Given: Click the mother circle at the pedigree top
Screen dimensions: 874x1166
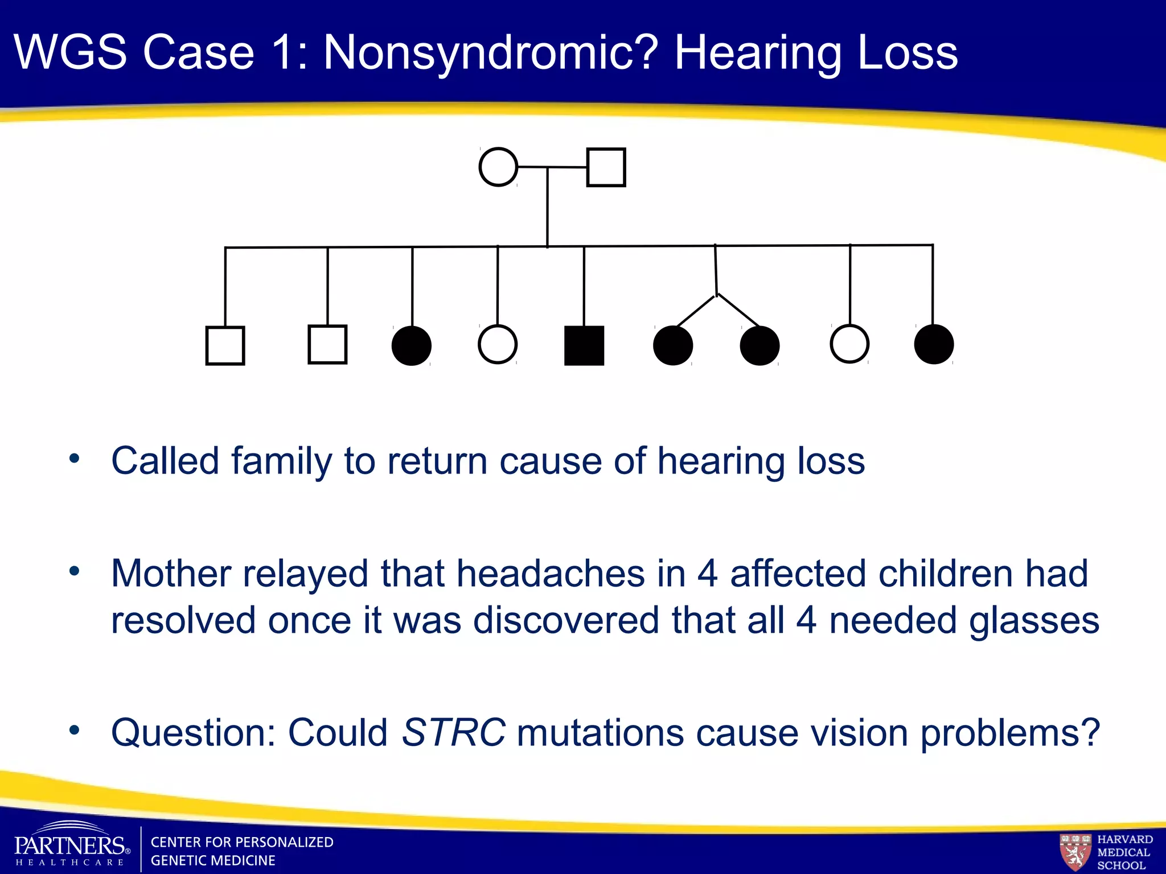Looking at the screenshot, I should point(498,167).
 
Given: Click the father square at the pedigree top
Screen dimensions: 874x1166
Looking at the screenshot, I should point(606,167).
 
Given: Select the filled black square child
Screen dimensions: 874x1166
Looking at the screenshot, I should point(584,345).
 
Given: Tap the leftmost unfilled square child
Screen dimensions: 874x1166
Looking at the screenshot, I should point(225,345).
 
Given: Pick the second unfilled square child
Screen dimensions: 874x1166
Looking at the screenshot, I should point(327,344).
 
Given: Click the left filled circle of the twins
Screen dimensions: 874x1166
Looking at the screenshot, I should point(673,345).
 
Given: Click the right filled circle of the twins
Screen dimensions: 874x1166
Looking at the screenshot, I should point(759,345).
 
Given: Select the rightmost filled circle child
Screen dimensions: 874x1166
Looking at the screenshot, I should point(934,344).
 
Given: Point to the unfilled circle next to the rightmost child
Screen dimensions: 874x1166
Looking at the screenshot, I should point(849,344).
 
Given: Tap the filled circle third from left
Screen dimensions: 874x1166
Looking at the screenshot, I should point(412,345).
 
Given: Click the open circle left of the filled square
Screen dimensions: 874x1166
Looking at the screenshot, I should point(498,344).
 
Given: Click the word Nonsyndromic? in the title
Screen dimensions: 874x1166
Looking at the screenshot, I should point(491,53).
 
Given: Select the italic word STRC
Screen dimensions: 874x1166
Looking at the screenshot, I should point(453,732).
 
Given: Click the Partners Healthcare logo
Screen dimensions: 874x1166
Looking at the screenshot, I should point(71,846).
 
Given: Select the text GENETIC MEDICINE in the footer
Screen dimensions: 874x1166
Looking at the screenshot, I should point(212,860).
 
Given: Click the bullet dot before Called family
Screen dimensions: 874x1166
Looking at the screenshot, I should point(74,459).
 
